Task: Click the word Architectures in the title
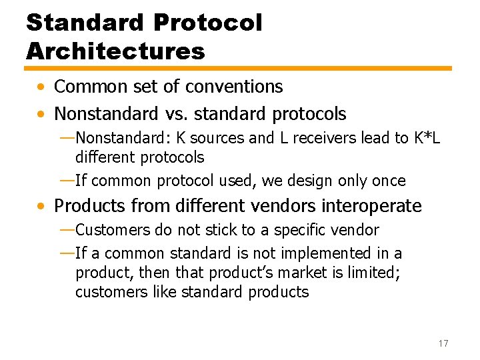pyautogui.click(x=115, y=50)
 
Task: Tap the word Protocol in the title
pyautogui.click(x=207, y=22)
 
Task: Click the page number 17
pyautogui.click(x=443, y=343)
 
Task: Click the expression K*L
pyautogui.click(x=427, y=138)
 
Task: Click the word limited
pyautogui.click(x=369, y=273)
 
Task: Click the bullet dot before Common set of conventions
pyautogui.click(x=42, y=87)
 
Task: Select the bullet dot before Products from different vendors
pyautogui.click(x=42, y=207)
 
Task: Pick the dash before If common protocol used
pyautogui.click(x=67, y=180)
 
